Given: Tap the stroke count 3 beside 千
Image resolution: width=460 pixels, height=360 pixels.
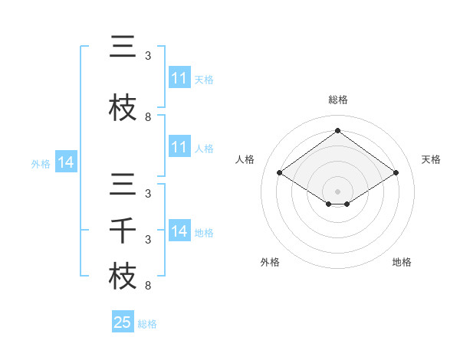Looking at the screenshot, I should pos(148,240).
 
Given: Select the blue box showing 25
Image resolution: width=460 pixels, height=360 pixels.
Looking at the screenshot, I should pos(123,322).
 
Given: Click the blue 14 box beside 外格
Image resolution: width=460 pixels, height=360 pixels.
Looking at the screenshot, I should pos(66,162).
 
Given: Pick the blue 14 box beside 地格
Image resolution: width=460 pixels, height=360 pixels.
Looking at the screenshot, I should pos(179,231).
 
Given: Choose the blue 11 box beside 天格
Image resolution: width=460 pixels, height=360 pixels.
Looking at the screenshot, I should pos(179,78).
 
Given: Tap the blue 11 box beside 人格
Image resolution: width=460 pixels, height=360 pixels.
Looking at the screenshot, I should pos(179,147).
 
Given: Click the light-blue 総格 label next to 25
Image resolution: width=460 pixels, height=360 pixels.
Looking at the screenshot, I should pos(147,324).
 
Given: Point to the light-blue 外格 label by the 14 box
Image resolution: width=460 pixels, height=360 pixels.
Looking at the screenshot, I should pos(41,163).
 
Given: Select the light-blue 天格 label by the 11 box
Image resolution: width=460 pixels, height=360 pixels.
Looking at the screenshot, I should pos(204,79).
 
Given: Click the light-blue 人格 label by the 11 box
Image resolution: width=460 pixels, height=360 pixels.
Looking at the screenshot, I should pos(204,148).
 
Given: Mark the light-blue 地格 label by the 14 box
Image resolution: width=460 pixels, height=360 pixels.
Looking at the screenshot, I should pos(204,232).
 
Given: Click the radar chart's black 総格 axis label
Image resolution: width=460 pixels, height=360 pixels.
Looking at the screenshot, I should pos(338,100).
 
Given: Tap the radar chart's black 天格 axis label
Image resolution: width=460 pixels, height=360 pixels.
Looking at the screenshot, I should pos(432,159).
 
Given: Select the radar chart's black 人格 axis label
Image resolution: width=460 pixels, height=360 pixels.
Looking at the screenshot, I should pos(245,159).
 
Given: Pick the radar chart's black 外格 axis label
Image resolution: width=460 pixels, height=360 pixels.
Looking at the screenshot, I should pos(270,262).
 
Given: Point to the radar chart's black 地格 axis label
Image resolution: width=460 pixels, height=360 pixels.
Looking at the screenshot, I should pos(402,262).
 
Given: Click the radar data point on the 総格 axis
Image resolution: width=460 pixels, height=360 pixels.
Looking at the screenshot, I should pos(338,130).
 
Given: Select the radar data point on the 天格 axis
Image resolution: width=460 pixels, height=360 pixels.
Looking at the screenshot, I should pos(396,173).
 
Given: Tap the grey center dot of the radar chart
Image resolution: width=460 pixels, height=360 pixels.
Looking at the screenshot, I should pos(338,191).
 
